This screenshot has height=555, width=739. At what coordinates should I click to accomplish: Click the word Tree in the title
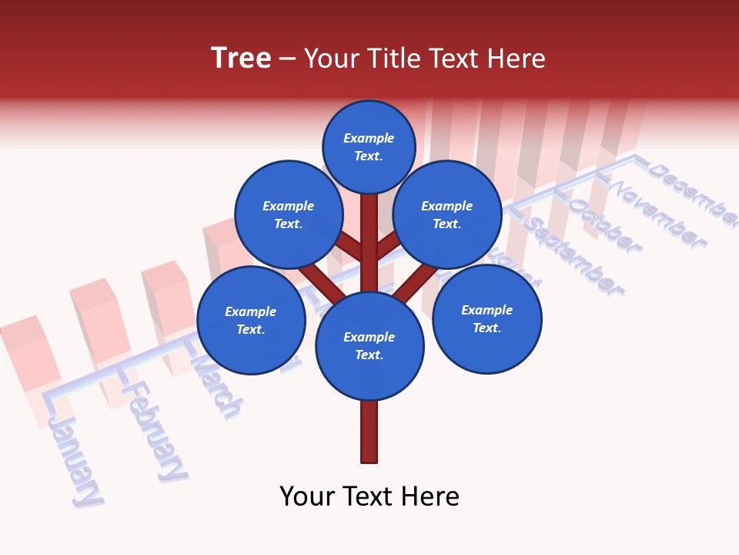pos(241,59)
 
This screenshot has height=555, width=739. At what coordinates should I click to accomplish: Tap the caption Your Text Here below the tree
pos(369,496)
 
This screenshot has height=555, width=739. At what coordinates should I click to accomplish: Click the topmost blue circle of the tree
pos(369,146)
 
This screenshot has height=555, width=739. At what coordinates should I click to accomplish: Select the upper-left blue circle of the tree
pos(289,214)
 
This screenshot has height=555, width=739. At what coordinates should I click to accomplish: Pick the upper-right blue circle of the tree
pos(447,214)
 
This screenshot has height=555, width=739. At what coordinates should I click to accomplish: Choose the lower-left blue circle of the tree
pos(251,320)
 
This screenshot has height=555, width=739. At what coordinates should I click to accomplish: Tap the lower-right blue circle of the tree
pos(487,318)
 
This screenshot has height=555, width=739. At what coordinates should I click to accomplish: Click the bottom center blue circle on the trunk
pos(369,345)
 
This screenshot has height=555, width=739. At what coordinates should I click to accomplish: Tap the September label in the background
pos(574,257)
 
